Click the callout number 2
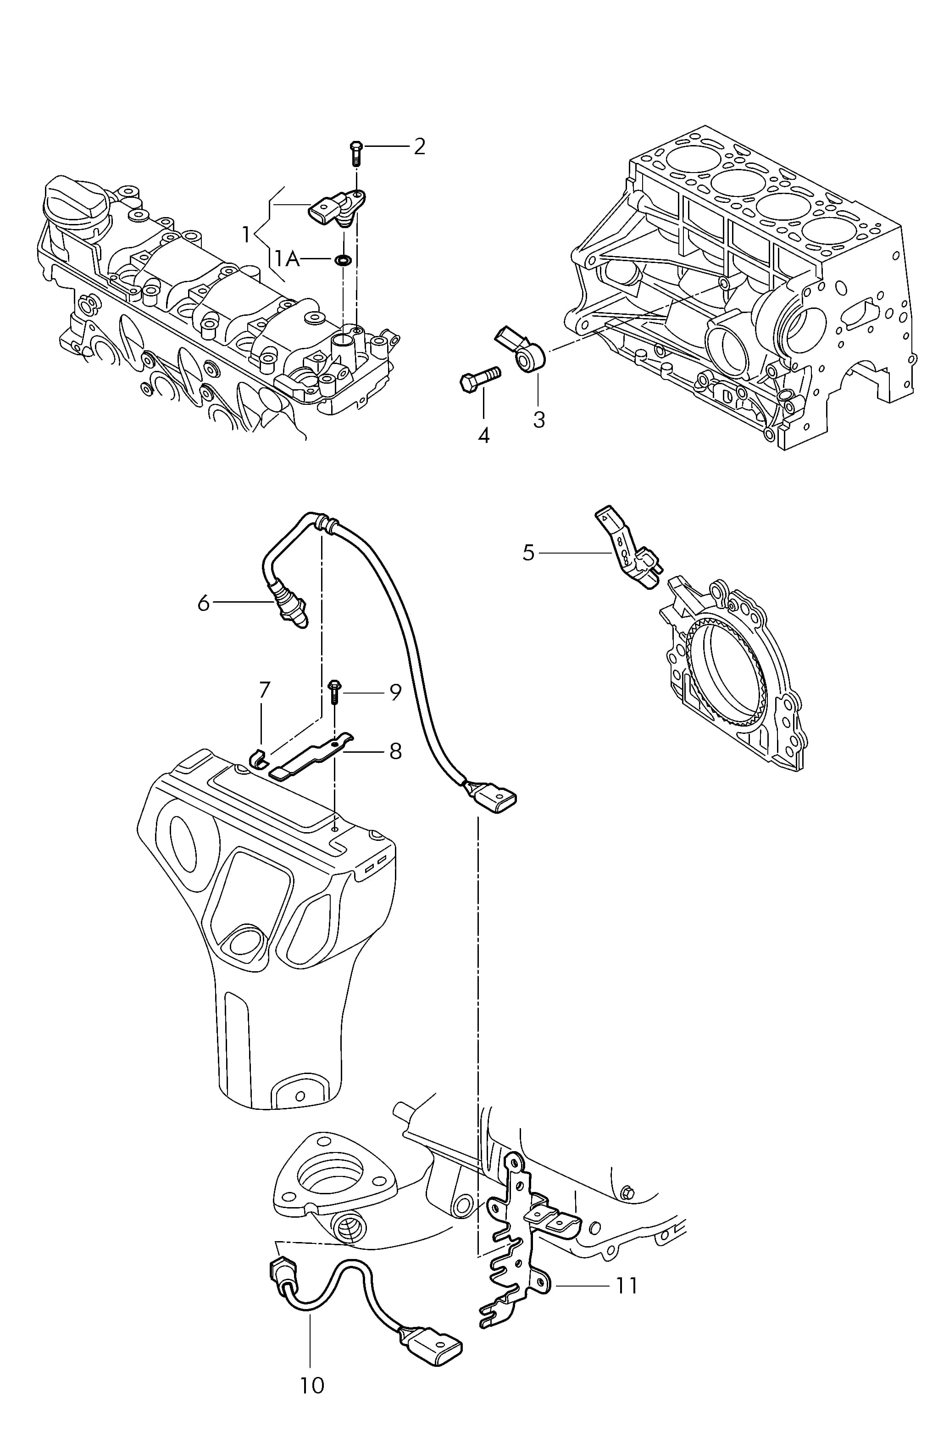[x=419, y=146]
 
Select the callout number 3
[x=538, y=420]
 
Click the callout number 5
[x=529, y=552]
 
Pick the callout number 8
[x=395, y=751]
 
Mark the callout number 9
[x=395, y=693]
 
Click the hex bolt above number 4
[x=480, y=379]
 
